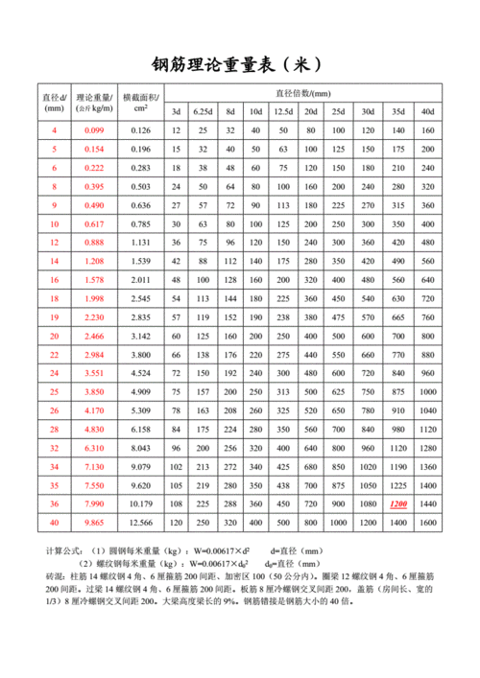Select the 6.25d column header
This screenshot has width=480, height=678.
[x=203, y=112]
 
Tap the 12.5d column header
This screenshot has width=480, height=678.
[x=284, y=112]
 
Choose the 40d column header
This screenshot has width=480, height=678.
[x=427, y=112]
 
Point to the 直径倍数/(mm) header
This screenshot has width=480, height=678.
[x=302, y=93]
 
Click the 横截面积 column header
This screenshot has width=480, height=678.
[x=140, y=103]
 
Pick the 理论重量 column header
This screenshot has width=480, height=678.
[x=94, y=103]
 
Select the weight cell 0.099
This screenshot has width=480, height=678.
[x=94, y=129]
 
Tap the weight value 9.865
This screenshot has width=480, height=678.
[x=94, y=523]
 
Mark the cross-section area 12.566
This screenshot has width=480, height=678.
[x=140, y=523]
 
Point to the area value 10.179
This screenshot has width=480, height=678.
[x=140, y=503]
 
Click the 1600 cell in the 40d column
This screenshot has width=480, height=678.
[x=427, y=523]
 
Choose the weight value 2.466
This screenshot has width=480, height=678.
[x=94, y=336]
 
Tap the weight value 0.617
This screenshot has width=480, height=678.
[x=94, y=223]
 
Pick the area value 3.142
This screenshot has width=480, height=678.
[x=140, y=336]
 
